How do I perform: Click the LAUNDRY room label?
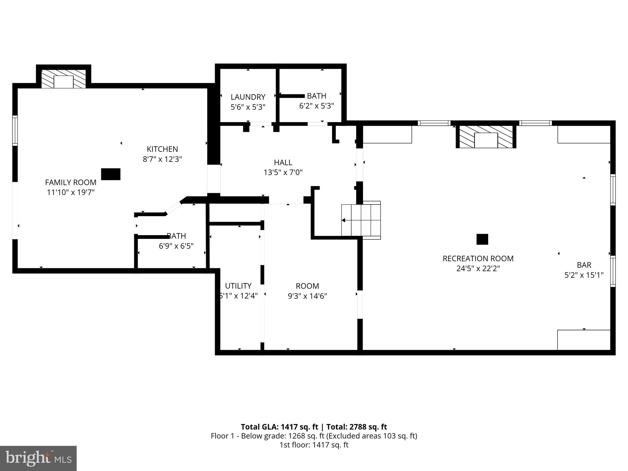pyautogui.click(x=248, y=97)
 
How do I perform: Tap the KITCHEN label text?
pyautogui.click(x=162, y=149)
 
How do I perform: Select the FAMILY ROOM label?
pyautogui.click(x=71, y=182)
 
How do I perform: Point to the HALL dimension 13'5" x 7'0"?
pyautogui.click(x=283, y=172)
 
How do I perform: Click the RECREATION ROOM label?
pyautogui.click(x=478, y=258)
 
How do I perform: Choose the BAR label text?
pyautogui.click(x=584, y=265)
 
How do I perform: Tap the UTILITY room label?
pyautogui.click(x=238, y=286)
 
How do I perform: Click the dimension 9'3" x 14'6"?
pyautogui.click(x=307, y=296)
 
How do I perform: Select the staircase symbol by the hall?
pyautogui.click(x=361, y=220)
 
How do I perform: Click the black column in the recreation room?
pyautogui.click(x=482, y=239)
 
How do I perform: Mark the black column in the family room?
pyautogui.click(x=111, y=174)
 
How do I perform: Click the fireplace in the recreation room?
pyautogui.click(x=486, y=137)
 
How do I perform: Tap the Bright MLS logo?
pyautogui.click(x=38, y=458)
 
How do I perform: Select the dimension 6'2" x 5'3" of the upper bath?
pyautogui.click(x=316, y=106)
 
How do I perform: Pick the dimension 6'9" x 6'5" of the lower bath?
pyautogui.click(x=176, y=246)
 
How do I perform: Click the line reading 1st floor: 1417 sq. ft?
pyautogui.click(x=314, y=445)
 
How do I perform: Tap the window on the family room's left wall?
pyautogui.click(x=15, y=130)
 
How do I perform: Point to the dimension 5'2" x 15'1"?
pyautogui.click(x=584, y=275)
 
